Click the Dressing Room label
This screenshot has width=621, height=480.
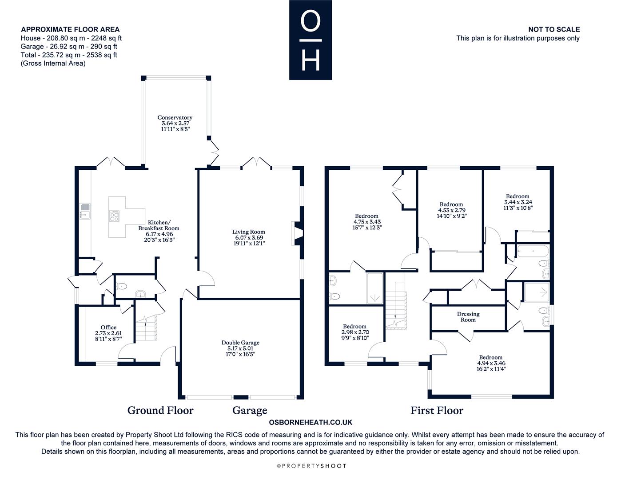click(468, 317)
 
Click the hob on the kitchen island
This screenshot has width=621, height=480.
click(114, 216)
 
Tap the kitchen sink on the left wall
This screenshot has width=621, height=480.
click(85, 211)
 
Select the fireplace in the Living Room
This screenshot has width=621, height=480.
click(297, 233)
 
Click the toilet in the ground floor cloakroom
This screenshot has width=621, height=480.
click(121, 286)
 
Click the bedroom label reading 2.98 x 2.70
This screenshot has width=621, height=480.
click(355, 332)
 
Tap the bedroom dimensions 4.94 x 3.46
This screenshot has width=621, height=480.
click(491, 363)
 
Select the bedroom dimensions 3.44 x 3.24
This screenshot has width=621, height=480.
click(518, 202)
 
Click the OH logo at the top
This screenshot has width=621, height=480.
click(310, 40)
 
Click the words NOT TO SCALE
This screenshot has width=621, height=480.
click(554, 29)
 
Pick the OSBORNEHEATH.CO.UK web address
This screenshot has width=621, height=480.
click(310, 422)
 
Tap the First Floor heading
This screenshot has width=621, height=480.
click(437, 411)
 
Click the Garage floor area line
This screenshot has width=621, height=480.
click(69, 47)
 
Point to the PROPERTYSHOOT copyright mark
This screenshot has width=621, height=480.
click(311, 466)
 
